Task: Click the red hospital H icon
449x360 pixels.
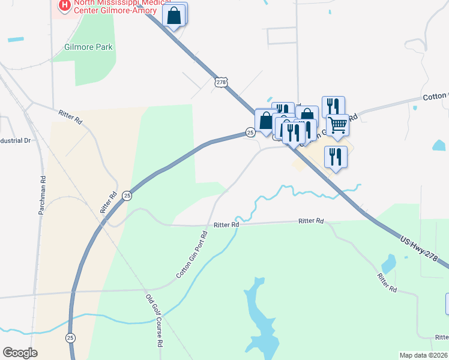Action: click(x=63, y=6)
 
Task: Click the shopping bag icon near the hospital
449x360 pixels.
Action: click(x=174, y=17)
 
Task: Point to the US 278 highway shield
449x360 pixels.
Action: click(x=220, y=82)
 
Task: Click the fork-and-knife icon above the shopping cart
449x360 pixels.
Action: click(x=333, y=106)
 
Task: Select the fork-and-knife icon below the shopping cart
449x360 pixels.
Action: click(x=336, y=157)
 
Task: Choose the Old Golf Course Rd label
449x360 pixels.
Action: click(x=154, y=321)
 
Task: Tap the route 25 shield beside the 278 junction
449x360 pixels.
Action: click(x=250, y=131)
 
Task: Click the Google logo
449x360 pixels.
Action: click(x=20, y=353)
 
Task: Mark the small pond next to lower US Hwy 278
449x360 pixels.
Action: click(x=389, y=262)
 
